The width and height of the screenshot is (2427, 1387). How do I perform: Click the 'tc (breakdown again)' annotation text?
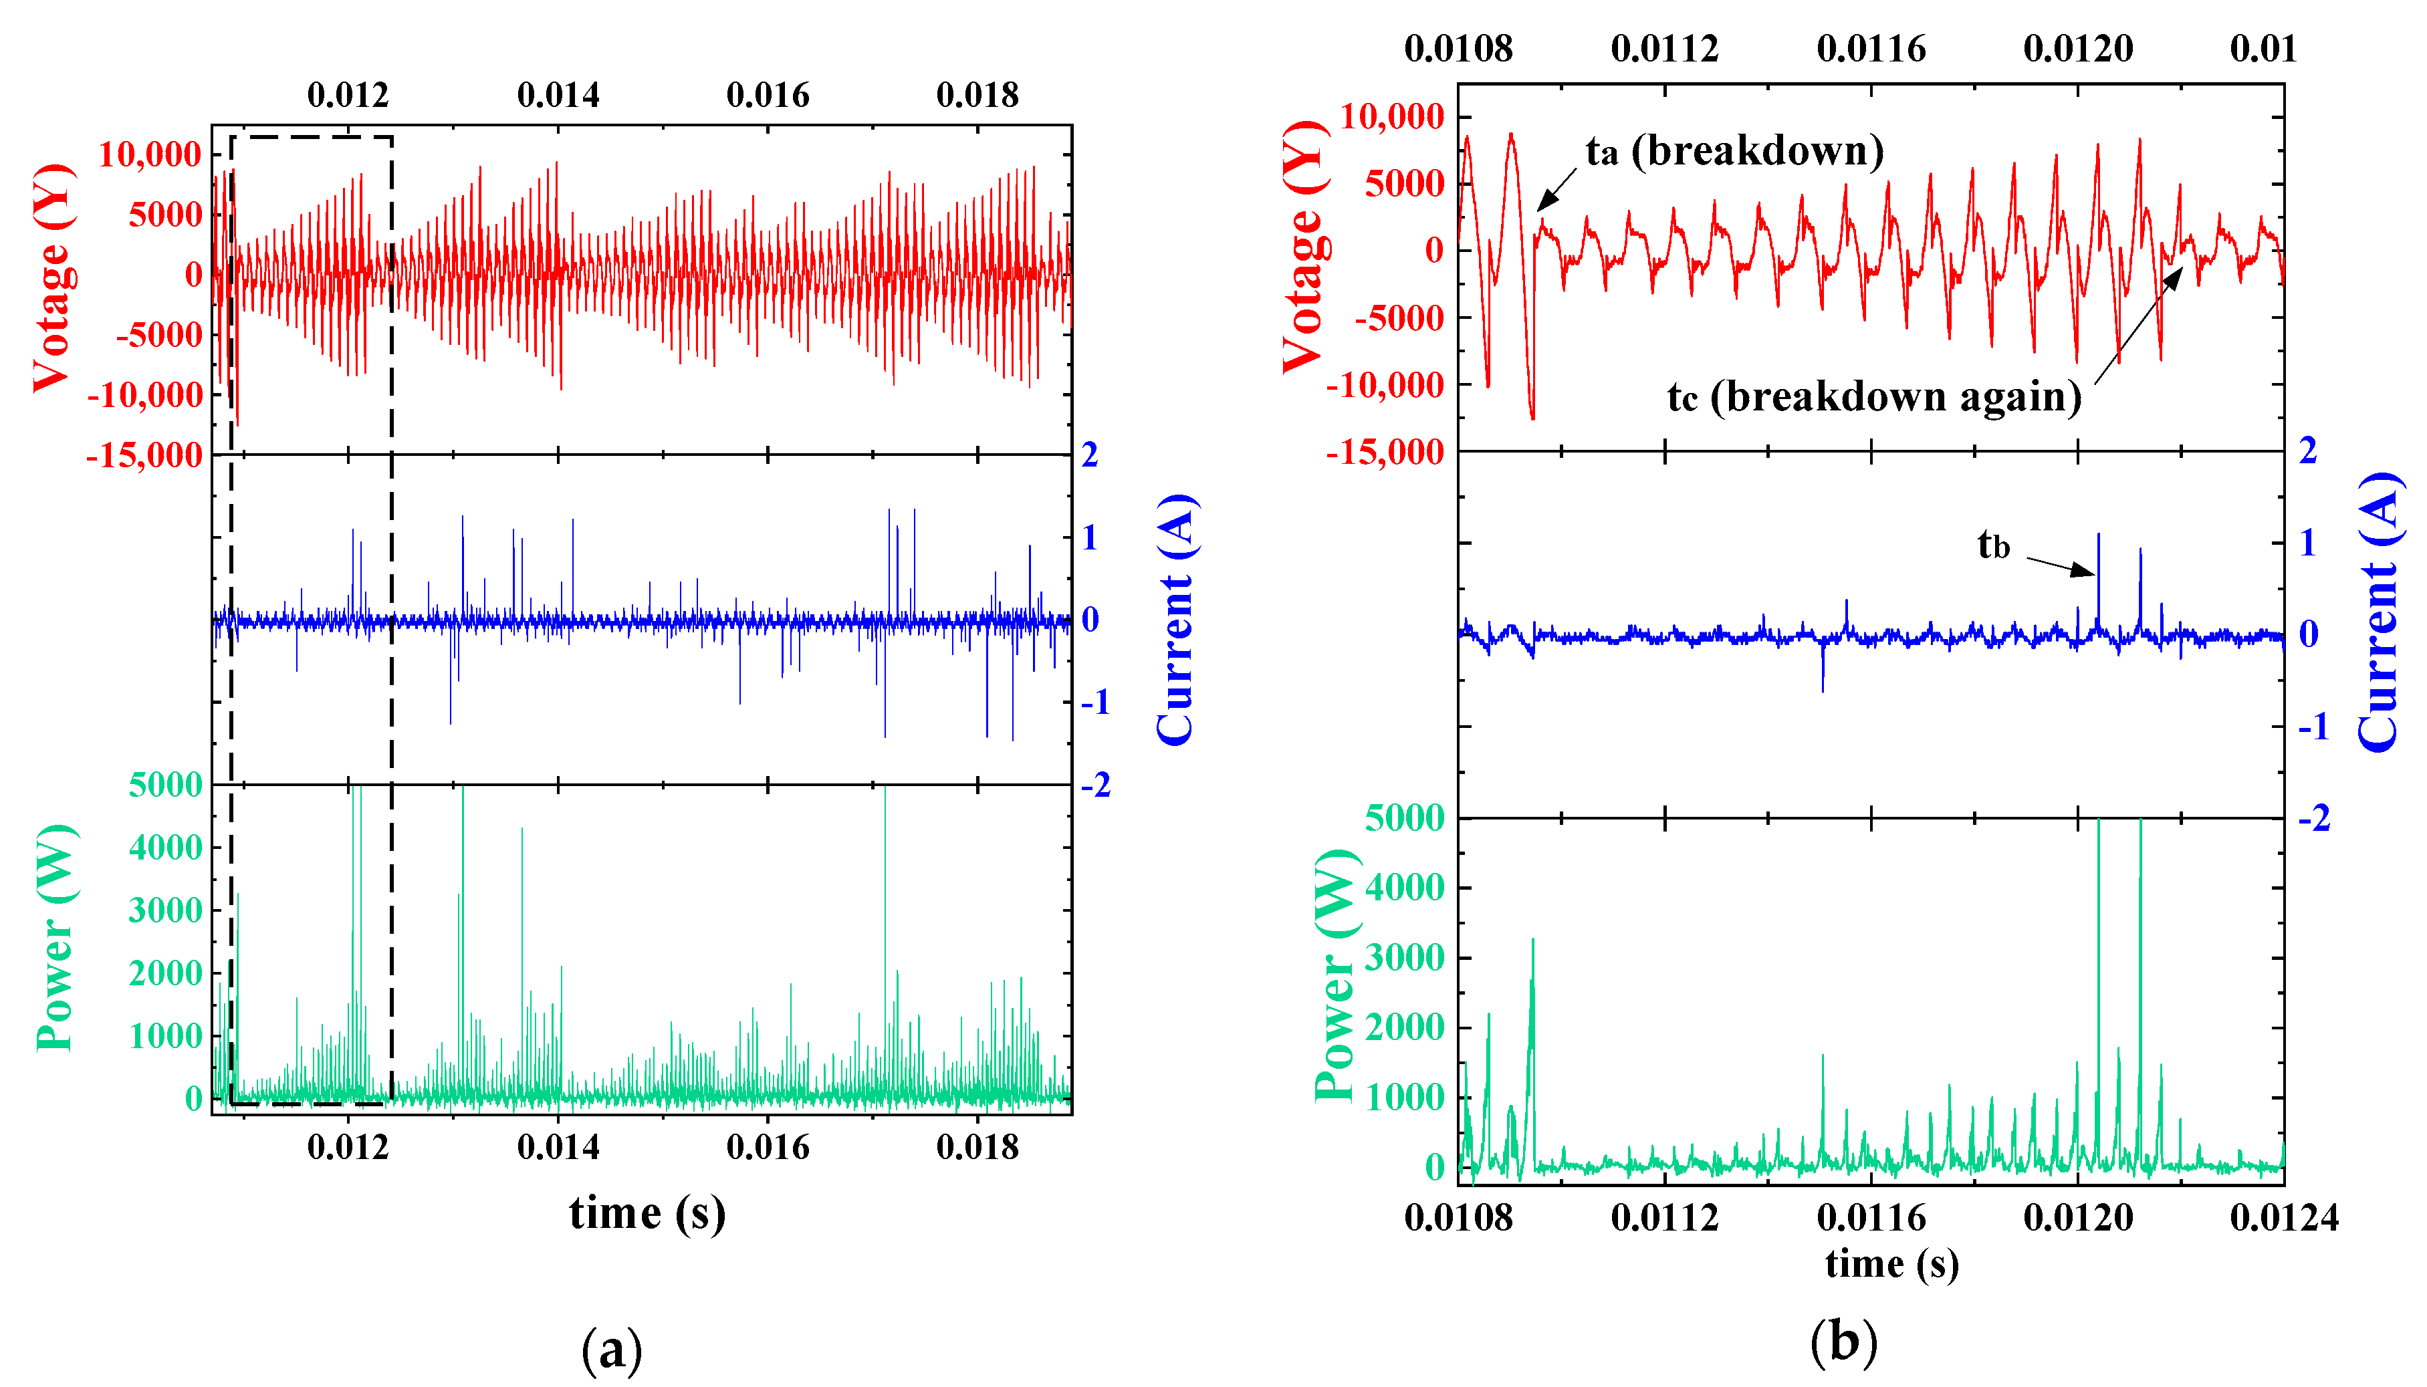(x=1873, y=396)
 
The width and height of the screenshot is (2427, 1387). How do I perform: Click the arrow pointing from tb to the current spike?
(x=2060, y=566)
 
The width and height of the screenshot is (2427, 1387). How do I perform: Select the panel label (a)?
(x=611, y=1349)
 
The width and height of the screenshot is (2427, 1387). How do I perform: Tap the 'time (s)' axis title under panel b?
(x=1891, y=1263)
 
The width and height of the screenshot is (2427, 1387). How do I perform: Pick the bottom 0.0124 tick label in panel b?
(x=2284, y=1217)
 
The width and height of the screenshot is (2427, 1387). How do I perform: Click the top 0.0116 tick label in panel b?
(x=1871, y=49)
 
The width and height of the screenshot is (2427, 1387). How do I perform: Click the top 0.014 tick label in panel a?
(x=558, y=96)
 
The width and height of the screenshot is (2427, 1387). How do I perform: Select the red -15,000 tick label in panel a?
(x=145, y=455)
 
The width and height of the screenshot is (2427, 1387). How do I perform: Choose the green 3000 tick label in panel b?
(x=1405, y=957)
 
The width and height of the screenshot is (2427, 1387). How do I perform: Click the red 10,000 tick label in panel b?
(x=1392, y=117)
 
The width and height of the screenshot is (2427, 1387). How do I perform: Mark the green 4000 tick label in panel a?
(x=166, y=847)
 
